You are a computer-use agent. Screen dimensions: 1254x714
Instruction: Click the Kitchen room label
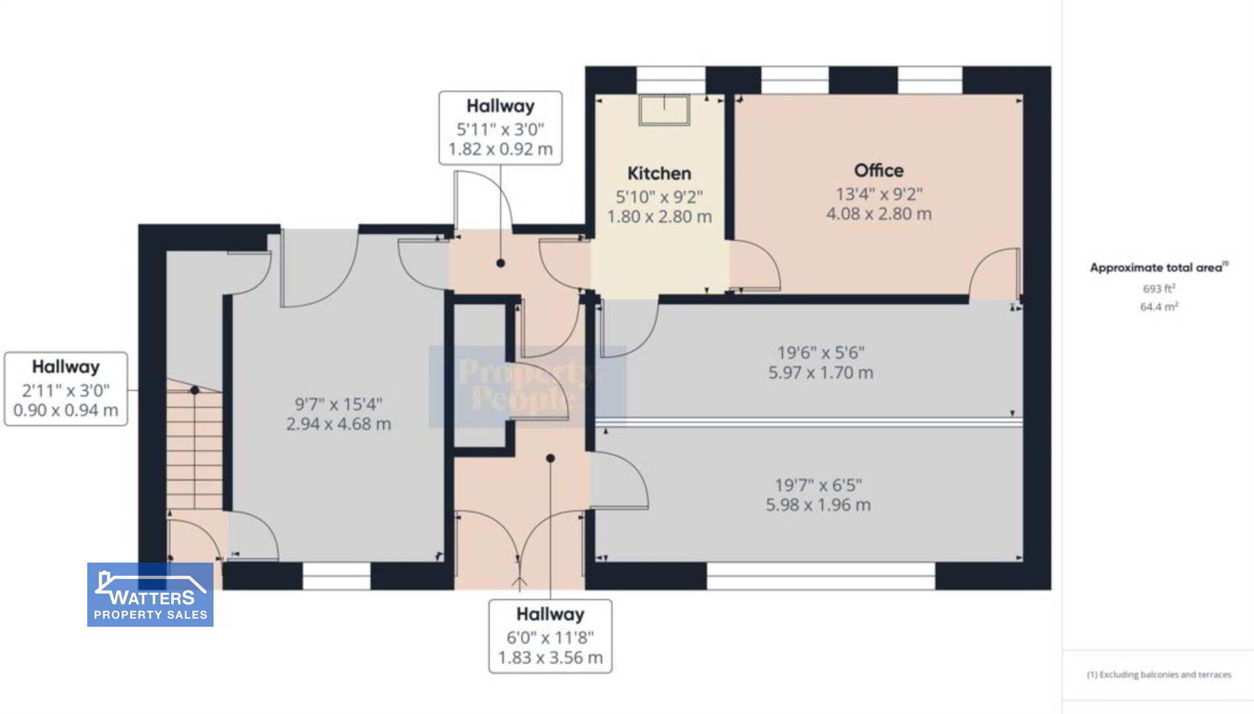(659, 173)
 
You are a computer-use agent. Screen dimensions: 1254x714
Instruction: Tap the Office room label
(879, 171)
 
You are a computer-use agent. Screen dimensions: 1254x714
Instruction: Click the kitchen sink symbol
(664, 110)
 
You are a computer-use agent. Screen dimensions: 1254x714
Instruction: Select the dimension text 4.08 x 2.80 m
(879, 214)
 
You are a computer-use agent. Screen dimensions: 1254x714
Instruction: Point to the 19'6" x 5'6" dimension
(820, 353)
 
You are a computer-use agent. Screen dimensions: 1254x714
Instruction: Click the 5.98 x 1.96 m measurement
(818, 505)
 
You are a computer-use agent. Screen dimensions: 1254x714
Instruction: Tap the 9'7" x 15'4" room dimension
(338, 404)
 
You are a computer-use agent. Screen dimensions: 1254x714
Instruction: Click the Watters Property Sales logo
(150, 594)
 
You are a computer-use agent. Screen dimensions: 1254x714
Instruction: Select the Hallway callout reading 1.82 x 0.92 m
(500, 128)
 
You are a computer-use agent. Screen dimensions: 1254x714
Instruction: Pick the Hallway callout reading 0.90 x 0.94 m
(66, 389)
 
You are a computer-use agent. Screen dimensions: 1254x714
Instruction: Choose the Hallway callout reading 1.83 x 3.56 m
(550, 636)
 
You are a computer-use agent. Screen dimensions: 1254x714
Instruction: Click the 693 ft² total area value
(1159, 289)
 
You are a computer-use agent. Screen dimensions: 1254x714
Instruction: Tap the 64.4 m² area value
(1159, 307)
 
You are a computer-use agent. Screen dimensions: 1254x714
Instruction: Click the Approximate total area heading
(1159, 267)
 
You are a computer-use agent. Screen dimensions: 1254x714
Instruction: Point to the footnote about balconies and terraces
(1159, 674)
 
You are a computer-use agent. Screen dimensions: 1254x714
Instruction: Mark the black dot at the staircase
(195, 391)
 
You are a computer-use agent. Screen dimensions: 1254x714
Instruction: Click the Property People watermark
(528, 386)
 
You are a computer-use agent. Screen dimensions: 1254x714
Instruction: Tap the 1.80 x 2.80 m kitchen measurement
(659, 217)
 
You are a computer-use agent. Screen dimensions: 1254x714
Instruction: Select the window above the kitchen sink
(671, 80)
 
